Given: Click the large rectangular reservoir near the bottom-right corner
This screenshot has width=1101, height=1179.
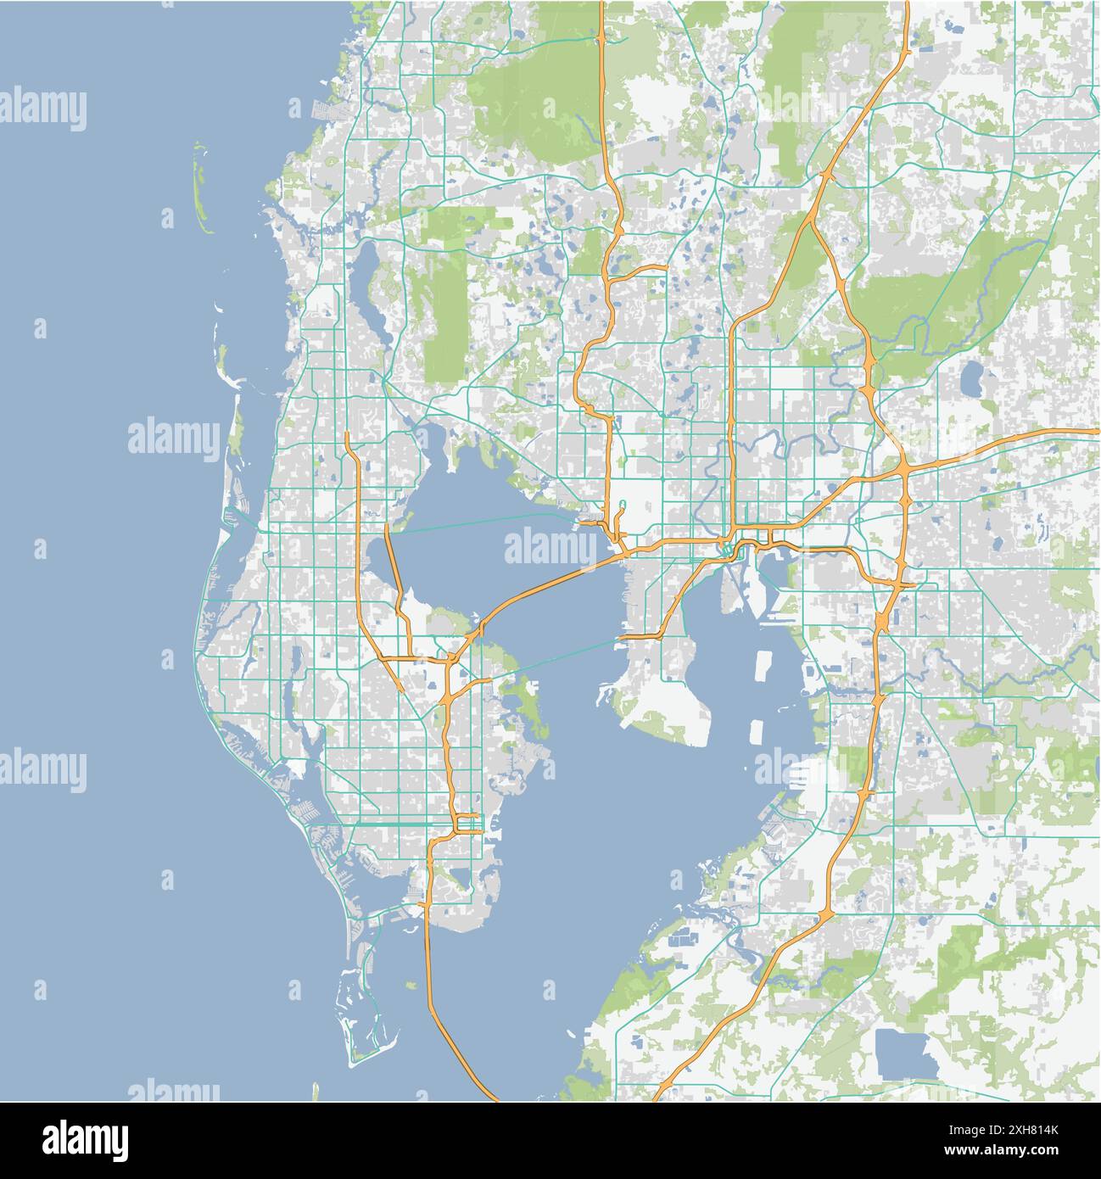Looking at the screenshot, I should (x=906, y=1051).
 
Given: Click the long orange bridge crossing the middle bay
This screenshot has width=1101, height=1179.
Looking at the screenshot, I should (x=543, y=585).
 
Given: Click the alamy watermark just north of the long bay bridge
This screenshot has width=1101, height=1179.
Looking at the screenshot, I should (x=551, y=547).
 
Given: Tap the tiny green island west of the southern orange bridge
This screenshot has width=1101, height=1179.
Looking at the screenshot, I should (x=411, y=985).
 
